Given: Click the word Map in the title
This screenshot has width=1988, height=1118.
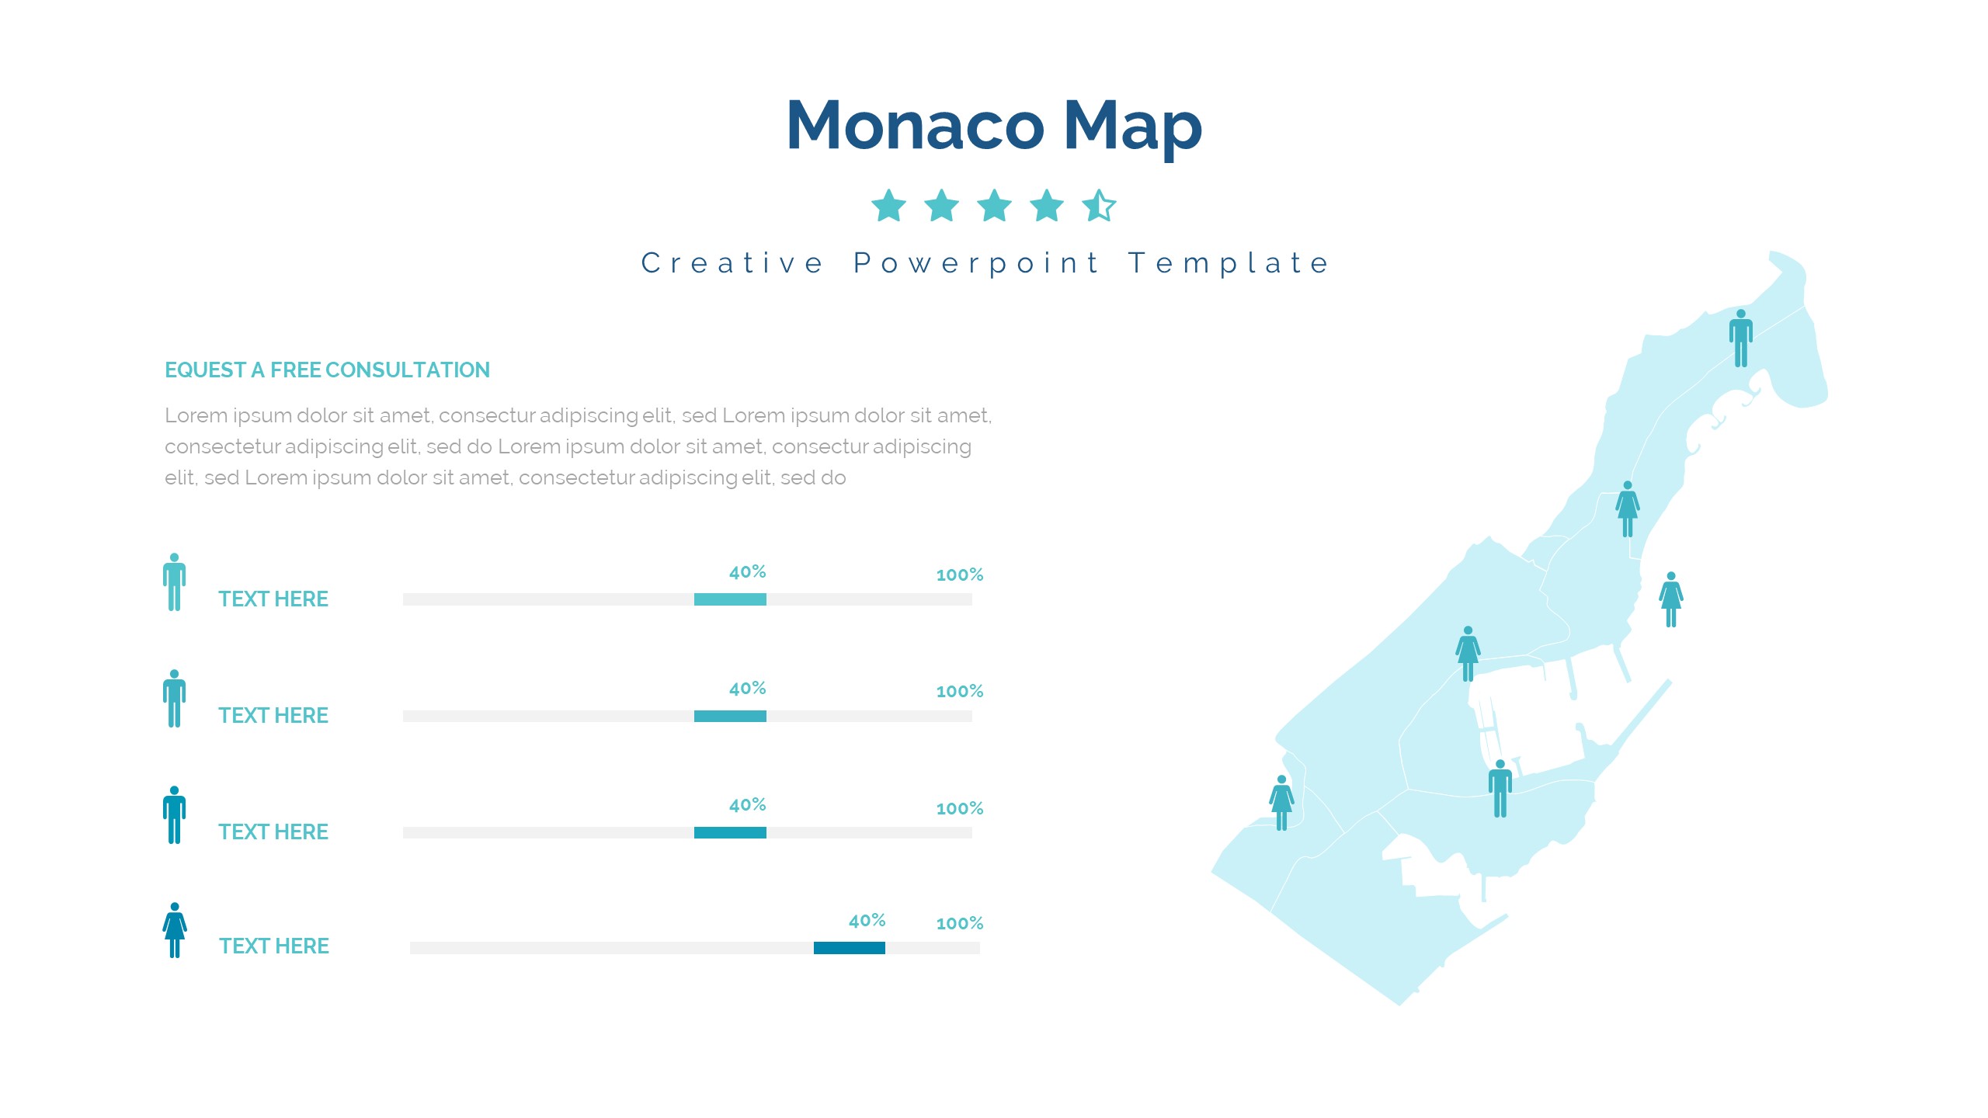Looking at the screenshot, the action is click(1132, 128).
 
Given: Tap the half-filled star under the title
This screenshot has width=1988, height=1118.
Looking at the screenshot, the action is click(1099, 206).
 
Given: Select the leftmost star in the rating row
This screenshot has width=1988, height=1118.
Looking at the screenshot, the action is click(889, 206).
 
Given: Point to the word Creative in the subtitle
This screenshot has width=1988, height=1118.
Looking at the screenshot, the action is click(732, 263).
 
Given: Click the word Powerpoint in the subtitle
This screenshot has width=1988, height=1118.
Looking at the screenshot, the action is click(976, 264).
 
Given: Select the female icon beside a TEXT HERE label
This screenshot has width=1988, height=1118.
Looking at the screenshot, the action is click(175, 930).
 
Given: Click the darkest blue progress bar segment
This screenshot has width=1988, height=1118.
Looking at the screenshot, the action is click(850, 948).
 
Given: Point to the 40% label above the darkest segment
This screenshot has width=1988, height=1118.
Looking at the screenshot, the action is click(867, 921).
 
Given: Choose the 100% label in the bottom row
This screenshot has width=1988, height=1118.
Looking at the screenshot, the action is click(960, 923).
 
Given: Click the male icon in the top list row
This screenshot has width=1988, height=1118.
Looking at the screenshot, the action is click(175, 582).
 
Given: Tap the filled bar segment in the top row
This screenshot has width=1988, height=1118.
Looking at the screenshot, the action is click(730, 599).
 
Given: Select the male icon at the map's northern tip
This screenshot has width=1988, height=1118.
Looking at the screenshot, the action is click(1741, 338).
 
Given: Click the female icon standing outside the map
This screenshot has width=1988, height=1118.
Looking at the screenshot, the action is click(1671, 599).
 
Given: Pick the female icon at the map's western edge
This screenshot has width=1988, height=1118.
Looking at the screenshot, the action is click(1282, 803).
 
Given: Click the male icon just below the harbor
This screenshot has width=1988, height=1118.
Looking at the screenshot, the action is click(1500, 789).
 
